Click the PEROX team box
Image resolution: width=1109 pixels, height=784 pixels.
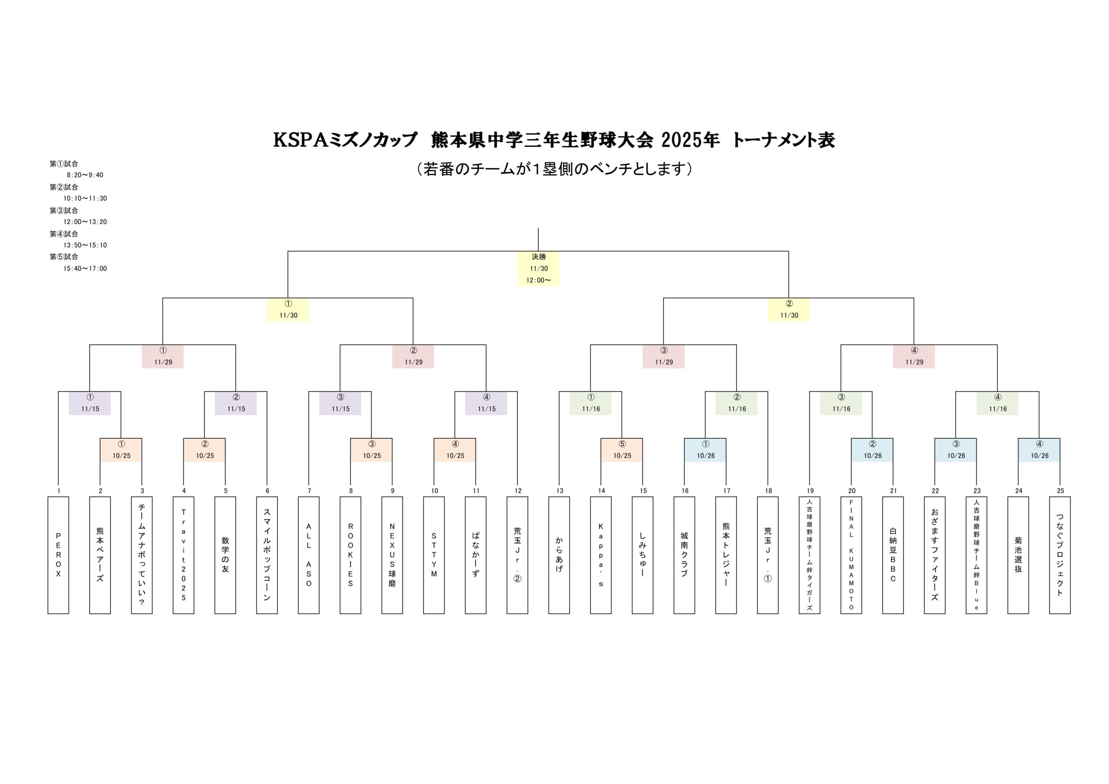click(58, 555)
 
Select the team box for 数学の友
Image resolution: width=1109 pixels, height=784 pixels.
click(225, 555)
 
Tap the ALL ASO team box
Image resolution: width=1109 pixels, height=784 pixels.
click(308, 555)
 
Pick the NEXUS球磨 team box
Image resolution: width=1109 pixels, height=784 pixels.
click(392, 555)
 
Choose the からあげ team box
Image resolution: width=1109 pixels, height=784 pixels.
click(559, 555)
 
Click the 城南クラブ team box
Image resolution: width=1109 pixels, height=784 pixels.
click(684, 555)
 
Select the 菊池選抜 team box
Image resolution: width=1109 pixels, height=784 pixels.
click(1018, 555)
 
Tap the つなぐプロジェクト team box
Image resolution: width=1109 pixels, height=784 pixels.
click(1060, 555)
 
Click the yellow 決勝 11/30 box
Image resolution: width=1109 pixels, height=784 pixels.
click(538, 269)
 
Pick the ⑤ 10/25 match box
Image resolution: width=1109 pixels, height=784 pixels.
click(622, 450)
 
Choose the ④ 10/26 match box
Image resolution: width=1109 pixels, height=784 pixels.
click(1039, 450)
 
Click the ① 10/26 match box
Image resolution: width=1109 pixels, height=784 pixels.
click(705, 450)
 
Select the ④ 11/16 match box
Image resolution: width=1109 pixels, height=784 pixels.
click(997, 403)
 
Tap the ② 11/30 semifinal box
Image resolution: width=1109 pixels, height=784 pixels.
click(789, 310)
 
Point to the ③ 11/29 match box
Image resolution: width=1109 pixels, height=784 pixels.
click(663, 356)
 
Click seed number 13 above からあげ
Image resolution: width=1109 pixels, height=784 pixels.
click(559, 491)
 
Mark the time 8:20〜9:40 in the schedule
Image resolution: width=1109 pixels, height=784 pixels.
click(85, 175)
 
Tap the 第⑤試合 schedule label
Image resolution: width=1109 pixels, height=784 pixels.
click(64, 257)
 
